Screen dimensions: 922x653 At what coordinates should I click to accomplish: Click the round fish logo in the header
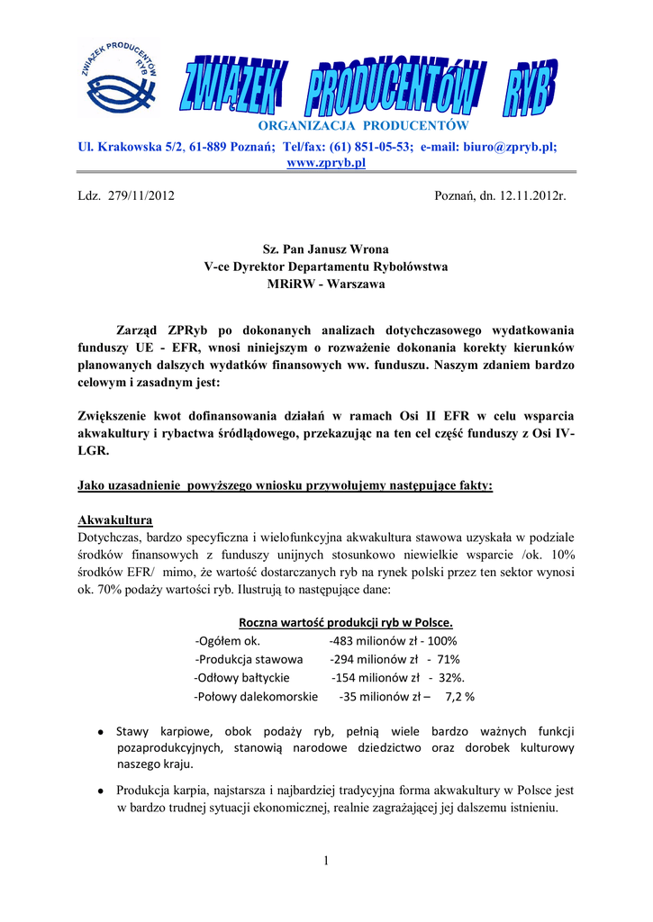click(x=122, y=82)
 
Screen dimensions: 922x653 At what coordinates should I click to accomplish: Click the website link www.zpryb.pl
click(x=325, y=162)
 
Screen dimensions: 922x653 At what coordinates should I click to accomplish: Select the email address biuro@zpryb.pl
click(x=511, y=146)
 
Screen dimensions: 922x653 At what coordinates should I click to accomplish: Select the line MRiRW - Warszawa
click(x=325, y=285)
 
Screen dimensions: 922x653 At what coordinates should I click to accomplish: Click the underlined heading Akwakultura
click(x=115, y=520)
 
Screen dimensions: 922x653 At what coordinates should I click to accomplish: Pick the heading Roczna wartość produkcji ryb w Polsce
click(x=346, y=623)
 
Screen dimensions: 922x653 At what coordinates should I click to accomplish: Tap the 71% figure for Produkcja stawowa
click(x=448, y=659)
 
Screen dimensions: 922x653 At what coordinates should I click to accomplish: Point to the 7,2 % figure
click(x=459, y=696)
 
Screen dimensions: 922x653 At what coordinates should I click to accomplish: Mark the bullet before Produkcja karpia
click(x=103, y=791)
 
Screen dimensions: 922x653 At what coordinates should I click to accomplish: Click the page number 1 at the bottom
click(x=325, y=862)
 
